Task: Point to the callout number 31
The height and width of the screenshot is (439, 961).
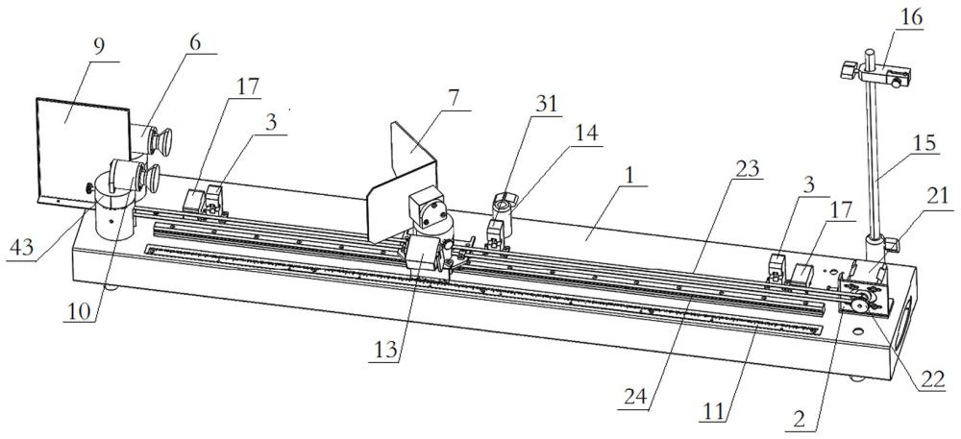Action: (547, 104)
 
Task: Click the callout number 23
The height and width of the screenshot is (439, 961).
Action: (748, 168)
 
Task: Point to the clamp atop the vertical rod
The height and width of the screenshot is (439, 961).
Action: (875, 73)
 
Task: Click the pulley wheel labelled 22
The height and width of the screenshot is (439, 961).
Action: (862, 303)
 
